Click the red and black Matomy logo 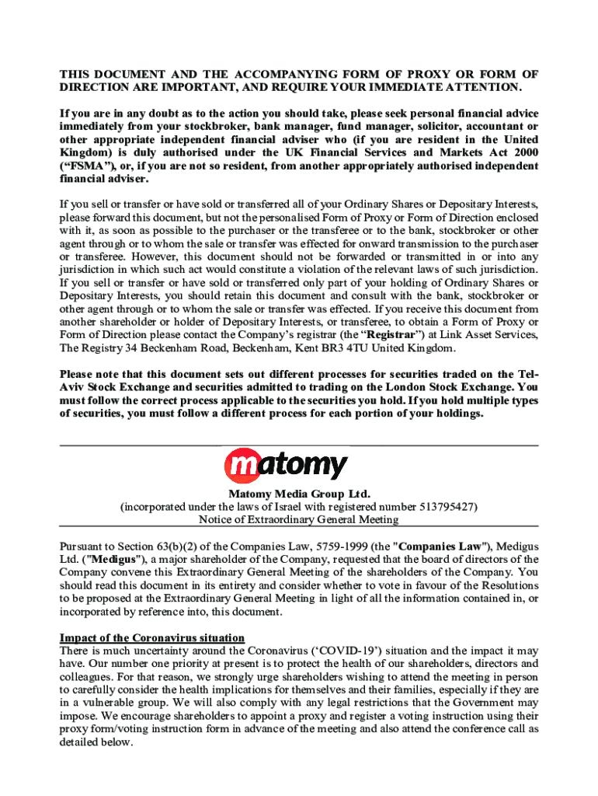287,465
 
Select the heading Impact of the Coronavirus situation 152,638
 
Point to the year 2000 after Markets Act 523,152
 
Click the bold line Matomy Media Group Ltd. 299,494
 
